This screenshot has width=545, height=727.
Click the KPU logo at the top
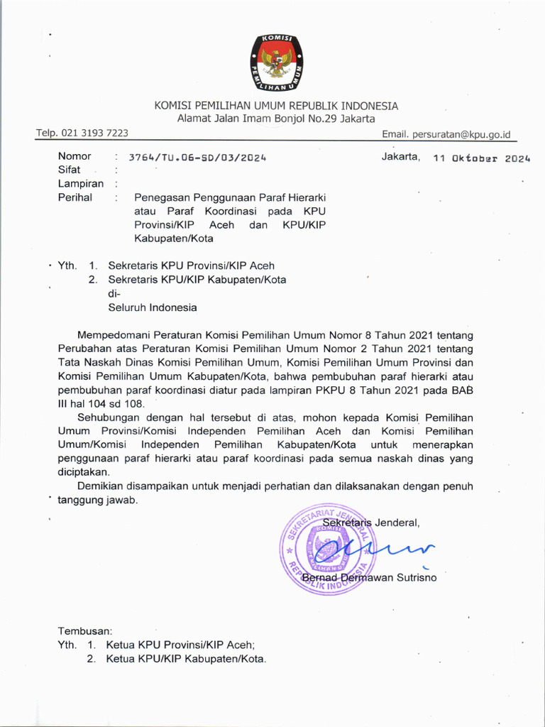tap(277, 62)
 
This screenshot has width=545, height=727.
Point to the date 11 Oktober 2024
tap(482, 159)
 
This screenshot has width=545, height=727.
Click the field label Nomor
tap(75, 156)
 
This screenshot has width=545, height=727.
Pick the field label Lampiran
tap(80, 183)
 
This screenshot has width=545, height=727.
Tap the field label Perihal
tap(75, 197)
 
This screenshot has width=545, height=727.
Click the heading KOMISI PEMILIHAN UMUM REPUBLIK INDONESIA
tap(277, 106)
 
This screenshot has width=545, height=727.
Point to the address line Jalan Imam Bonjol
tap(276, 119)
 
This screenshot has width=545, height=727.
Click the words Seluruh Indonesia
tap(153, 307)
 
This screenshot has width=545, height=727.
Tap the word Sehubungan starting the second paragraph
tap(109, 417)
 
